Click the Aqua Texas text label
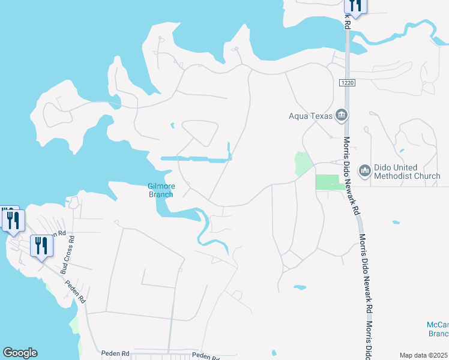[x=311, y=116]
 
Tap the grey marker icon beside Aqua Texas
[x=342, y=115]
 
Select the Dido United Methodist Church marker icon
[x=365, y=172]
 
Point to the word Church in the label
[x=426, y=176]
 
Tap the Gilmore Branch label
[x=161, y=190]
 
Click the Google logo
[x=19, y=353]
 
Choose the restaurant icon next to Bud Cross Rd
[x=41, y=245]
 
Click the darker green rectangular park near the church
[x=328, y=182]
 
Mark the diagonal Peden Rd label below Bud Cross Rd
[x=76, y=292]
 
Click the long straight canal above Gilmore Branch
[x=196, y=159]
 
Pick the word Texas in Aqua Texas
[x=323, y=116]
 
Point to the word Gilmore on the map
[x=161, y=186]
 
